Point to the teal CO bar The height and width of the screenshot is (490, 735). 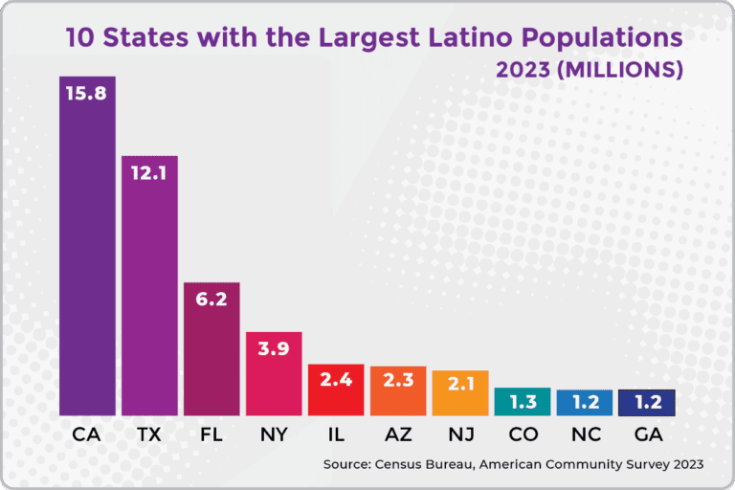[523, 401]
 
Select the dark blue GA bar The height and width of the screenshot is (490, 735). [647, 402]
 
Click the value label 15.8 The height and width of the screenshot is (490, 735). [87, 94]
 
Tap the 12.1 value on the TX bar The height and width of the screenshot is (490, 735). [149, 173]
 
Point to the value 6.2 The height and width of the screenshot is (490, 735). [212, 300]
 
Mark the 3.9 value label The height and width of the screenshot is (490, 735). [274, 349]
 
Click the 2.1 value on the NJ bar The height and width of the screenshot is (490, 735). [460, 384]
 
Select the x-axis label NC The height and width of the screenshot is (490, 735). [585, 434]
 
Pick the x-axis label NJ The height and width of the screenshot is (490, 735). [460, 434]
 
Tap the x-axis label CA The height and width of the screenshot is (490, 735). [87, 434]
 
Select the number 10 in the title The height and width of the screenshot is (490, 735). [79, 38]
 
